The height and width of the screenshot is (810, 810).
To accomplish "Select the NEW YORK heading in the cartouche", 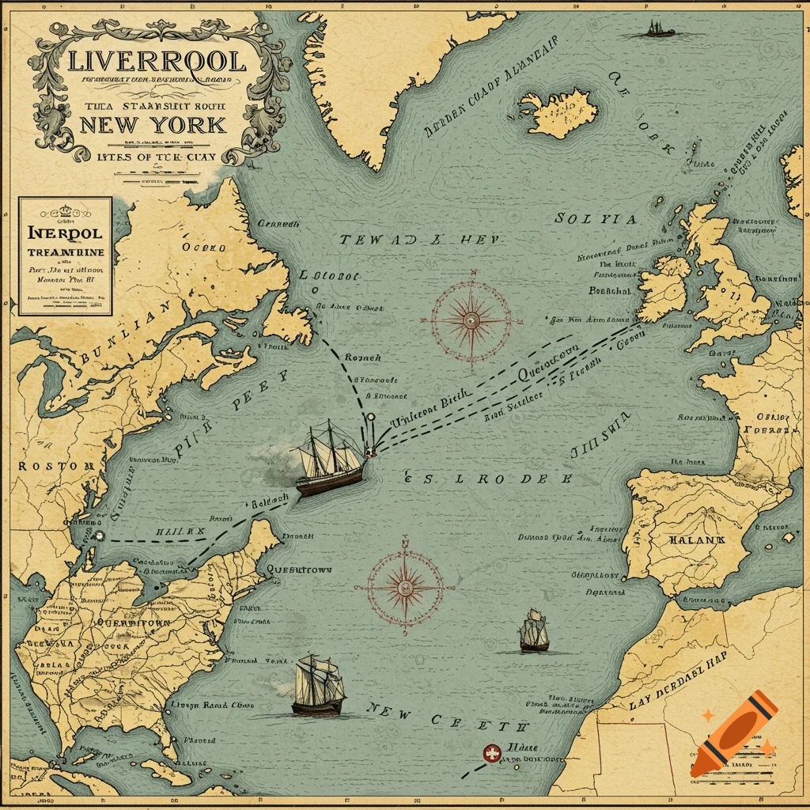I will click(153, 125).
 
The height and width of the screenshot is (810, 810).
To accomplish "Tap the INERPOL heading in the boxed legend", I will click(65, 234).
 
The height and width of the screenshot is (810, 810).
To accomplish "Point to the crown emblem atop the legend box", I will click(66, 211).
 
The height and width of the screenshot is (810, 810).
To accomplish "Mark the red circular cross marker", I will click(492, 754).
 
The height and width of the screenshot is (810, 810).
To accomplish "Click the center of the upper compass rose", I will click(471, 320).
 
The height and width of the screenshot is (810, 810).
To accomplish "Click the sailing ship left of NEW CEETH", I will click(318, 685).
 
